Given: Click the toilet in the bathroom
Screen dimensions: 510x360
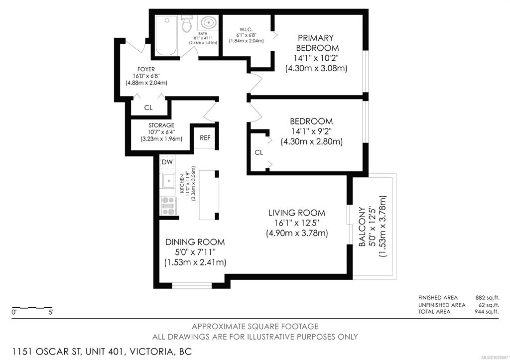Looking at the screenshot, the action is pyautogui.click(x=186, y=23).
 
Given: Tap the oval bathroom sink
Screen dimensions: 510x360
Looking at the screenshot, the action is pyautogui.click(x=208, y=23).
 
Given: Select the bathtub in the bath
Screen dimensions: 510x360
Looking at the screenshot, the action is pyautogui.click(x=166, y=35).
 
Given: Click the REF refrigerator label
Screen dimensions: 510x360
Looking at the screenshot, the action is pyautogui.click(x=205, y=138).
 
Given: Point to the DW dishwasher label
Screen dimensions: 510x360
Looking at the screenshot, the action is pyautogui.click(x=167, y=162).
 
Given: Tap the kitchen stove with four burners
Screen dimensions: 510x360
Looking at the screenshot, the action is pyautogui.click(x=168, y=206).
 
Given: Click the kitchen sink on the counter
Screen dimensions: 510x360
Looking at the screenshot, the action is pyautogui.click(x=169, y=181).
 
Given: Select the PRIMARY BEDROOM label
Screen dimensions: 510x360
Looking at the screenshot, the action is pyautogui.click(x=317, y=43).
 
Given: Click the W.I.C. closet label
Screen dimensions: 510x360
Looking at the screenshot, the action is pyautogui.click(x=244, y=30).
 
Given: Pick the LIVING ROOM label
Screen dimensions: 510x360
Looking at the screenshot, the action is pyautogui.click(x=297, y=213).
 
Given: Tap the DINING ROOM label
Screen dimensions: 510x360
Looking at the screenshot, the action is pyautogui.click(x=195, y=242).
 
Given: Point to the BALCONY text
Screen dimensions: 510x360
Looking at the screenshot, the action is pyautogui.click(x=362, y=227).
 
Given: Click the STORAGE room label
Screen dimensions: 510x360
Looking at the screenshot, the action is pyautogui.click(x=161, y=125).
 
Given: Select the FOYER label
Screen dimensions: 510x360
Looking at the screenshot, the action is pyautogui.click(x=146, y=69).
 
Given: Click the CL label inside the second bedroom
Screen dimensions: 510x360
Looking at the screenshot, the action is pyautogui.click(x=259, y=152).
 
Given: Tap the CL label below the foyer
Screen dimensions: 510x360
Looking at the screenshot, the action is pyautogui.click(x=148, y=108).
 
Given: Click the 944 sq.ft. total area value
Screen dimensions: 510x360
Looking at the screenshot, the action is pyautogui.click(x=487, y=312).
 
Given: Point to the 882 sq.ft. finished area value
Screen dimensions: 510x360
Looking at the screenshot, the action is pyautogui.click(x=487, y=298).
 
